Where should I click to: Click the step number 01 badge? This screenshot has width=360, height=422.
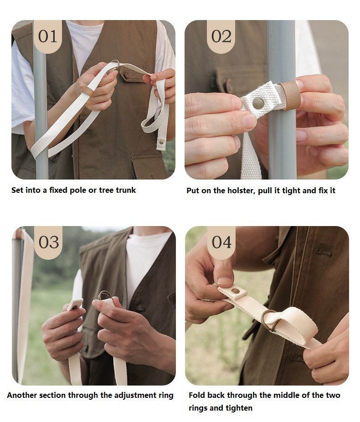(48, 36)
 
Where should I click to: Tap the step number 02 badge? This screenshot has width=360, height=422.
(221, 36)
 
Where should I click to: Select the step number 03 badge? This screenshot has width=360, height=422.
(48, 242)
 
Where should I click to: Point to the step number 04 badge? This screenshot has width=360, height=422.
(221, 242)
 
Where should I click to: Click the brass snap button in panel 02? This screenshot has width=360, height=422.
(258, 103)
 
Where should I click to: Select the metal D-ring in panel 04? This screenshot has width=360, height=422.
(269, 320)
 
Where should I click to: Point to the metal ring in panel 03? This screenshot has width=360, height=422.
(105, 295)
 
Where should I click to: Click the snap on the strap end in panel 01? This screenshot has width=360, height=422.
(161, 142)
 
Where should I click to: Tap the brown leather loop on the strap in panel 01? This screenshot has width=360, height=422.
(88, 91)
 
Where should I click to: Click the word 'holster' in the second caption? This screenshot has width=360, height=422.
(240, 191)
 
